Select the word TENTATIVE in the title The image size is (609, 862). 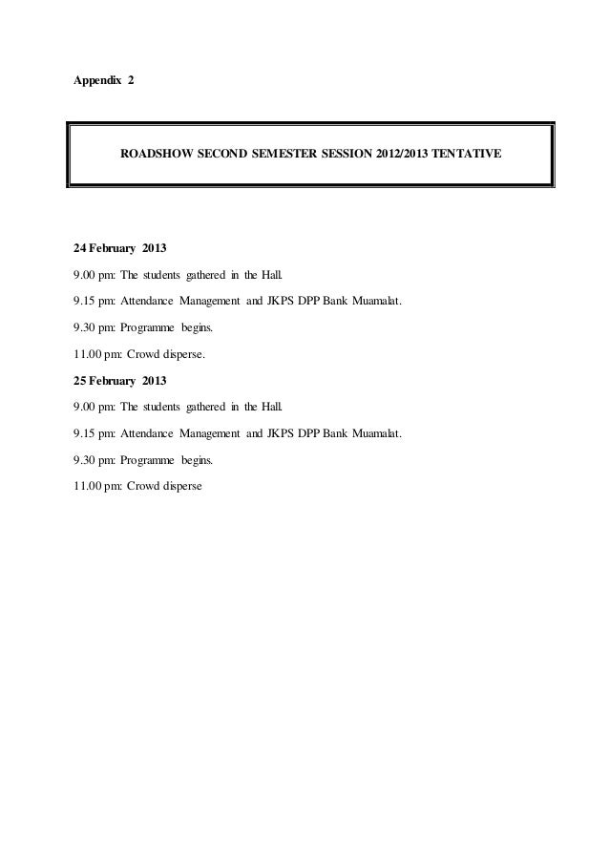pyautogui.click(x=467, y=153)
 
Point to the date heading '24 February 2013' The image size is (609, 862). pyautogui.click(x=120, y=250)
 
